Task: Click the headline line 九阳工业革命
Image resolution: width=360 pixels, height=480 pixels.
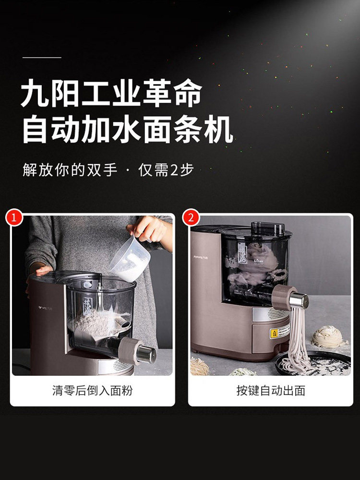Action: (x=111, y=95)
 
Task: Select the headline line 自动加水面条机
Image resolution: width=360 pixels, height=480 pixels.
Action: (x=128, y=129)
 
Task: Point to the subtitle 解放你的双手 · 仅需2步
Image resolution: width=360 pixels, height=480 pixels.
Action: (x=108, y=170)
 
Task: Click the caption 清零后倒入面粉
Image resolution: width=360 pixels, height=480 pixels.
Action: (x=92, y=390)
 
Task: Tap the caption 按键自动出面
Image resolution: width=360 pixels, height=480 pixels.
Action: (x=270, y=390)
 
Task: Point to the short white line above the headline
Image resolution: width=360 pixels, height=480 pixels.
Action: (x=42, y=57)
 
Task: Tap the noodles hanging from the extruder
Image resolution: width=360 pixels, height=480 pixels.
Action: (x=294, y=336)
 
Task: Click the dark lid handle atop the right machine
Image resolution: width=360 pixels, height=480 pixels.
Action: (x=268, y=228)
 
